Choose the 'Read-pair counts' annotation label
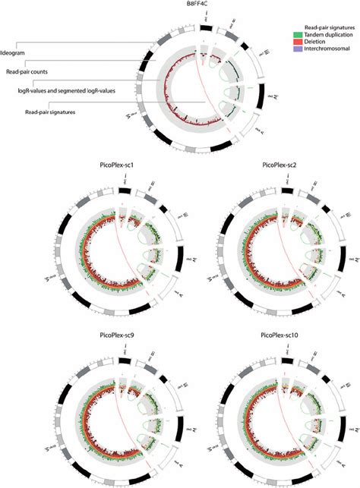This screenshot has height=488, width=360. click(27, 72)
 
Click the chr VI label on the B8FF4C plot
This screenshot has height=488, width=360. click(130, 115)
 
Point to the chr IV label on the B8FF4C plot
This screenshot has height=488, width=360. click(272, 97)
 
